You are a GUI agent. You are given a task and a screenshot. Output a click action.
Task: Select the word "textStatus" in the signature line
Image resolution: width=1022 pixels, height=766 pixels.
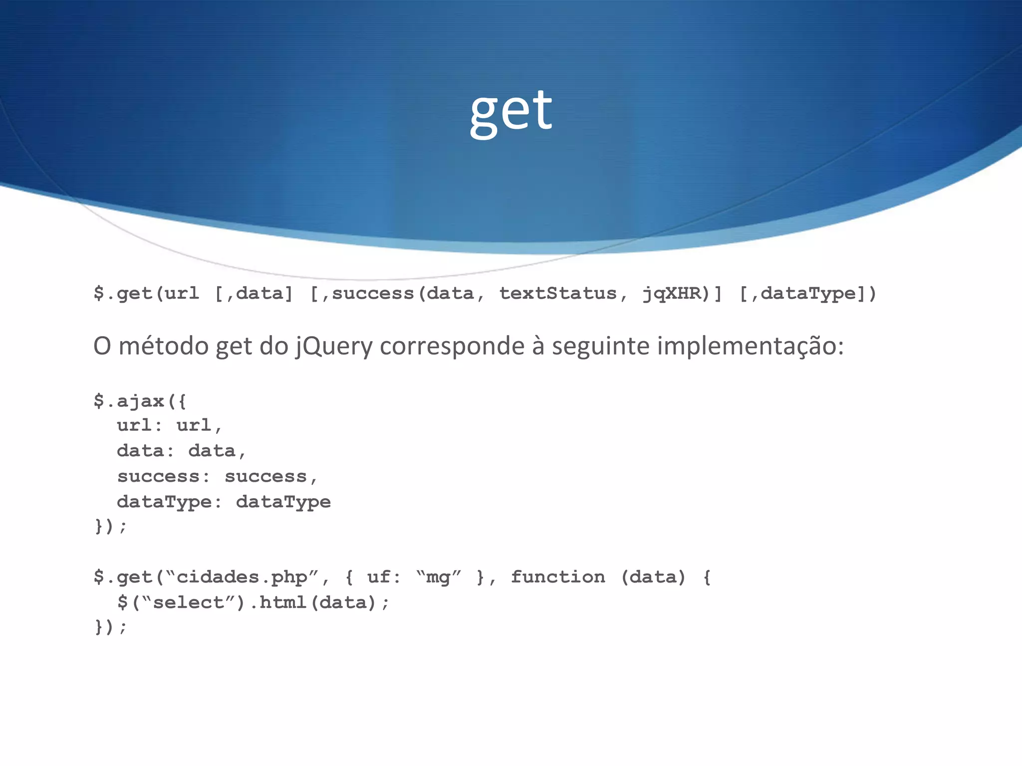(x=558, y=293)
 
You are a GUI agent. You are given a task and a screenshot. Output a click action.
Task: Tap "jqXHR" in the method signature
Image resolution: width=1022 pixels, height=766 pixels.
(x=672, y=293)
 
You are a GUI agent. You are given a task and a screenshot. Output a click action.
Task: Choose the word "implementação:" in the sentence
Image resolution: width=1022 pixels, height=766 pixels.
(x=750, y=346)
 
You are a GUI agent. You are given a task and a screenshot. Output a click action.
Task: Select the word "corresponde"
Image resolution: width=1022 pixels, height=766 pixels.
(x=452, y=346)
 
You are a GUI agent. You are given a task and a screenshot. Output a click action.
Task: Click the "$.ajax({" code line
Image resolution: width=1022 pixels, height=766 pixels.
(x=140, y=401)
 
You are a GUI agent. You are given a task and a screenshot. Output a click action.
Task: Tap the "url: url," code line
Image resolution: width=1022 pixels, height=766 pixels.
(x=169, y=425)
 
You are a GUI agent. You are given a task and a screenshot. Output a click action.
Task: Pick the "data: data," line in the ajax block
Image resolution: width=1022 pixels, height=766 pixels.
(x=181, y=451)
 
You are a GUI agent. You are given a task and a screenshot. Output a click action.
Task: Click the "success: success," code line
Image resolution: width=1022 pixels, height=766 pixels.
(x=217, y=476)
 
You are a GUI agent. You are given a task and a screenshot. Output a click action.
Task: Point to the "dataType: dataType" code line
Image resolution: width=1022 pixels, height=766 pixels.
(x=224, y=502)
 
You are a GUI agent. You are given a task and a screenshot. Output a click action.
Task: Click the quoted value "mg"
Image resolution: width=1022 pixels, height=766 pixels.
(x=438, y=577)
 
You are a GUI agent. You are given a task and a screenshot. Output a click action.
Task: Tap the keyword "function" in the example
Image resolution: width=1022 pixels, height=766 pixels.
(x=558, y=577)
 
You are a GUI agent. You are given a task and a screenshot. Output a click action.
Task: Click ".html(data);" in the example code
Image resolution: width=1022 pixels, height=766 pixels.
(x=319, y=603)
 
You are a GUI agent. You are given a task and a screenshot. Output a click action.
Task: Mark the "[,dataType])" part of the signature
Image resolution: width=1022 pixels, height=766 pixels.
(x=807, y=293)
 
